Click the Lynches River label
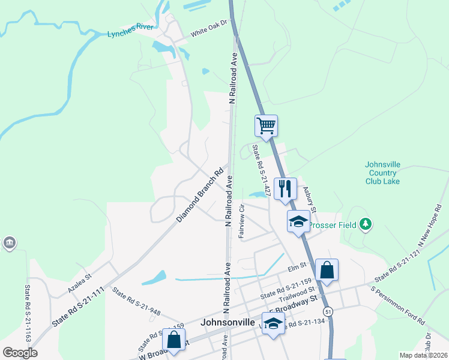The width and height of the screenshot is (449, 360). [131, 34]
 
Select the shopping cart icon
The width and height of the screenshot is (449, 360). [266, 126]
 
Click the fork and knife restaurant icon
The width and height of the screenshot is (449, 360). [286, 189]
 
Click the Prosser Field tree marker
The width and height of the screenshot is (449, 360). [366, 225]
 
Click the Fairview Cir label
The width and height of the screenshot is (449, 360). [241, 221]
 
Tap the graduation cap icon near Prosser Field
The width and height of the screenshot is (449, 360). [298, 221]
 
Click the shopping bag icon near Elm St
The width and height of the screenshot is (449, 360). [327, 270]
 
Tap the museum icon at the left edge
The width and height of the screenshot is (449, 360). [10, 242]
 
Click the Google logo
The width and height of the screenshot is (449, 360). [20, 353]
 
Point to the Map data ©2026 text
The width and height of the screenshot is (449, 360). [424, 355]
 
